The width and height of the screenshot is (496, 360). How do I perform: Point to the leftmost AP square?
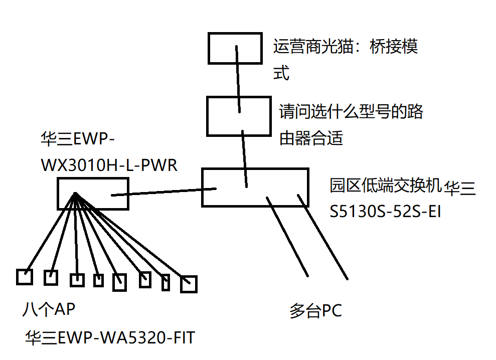click(x=24, y=277)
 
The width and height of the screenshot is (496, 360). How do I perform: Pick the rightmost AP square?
click(x=189, y=284)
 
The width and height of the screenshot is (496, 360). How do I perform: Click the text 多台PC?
click(x=315, y=311)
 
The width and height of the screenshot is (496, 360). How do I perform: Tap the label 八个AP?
click(x=48, y=309)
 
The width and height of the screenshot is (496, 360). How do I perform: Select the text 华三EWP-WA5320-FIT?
click(x=110, y=338)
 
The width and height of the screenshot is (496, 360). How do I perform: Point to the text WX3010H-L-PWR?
click(x=109, y=165)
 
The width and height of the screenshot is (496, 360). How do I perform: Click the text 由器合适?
click(x=311, y=138)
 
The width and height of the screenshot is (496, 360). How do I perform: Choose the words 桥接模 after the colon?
click(x=394, y=48)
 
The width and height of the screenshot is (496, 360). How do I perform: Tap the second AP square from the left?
click(x=51, y=277)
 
